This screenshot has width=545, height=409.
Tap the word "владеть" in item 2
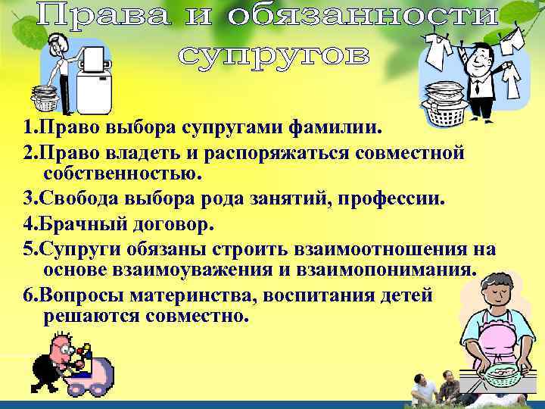point(147,154)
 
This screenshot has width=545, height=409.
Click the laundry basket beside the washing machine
point(49,99)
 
